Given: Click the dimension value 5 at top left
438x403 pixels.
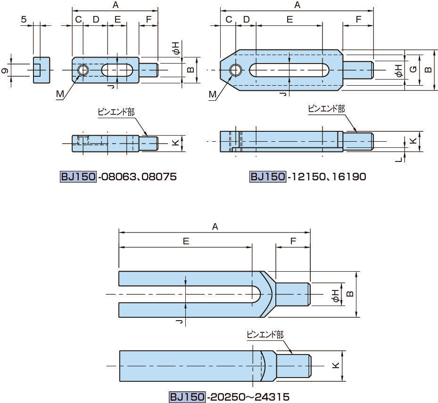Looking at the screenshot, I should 23,19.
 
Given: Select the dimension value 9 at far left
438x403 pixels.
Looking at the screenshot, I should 5,71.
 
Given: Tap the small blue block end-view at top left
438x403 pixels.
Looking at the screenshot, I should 41,71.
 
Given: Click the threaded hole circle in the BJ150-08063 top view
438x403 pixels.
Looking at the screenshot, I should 83,70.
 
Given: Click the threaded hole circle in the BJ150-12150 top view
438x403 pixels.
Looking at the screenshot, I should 235,70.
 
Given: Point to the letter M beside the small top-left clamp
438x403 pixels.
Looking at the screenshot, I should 60,94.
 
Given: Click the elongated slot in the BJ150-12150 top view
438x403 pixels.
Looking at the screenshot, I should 289,70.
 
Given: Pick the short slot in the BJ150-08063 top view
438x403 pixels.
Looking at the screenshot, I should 117,70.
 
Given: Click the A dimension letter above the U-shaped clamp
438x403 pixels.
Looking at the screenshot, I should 215,226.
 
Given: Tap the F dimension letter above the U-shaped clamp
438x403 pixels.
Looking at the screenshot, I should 293,241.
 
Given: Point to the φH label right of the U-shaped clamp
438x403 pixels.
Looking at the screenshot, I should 335,295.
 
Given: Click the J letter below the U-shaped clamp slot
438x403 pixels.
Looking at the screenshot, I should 178,322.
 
